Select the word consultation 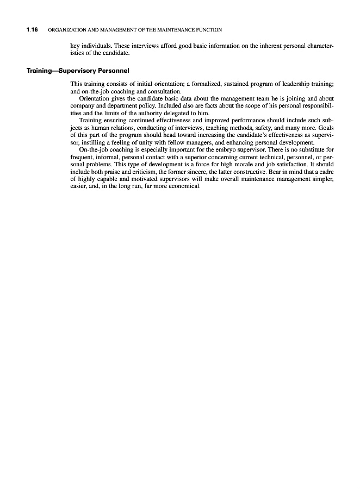pyautogui.click(x=164, y=91)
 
